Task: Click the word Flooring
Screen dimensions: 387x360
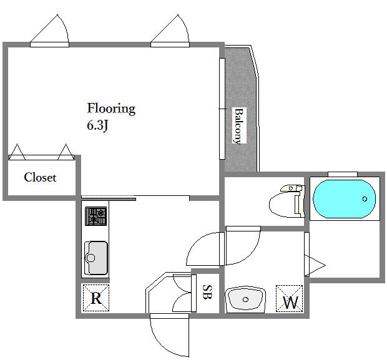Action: click(111, 109)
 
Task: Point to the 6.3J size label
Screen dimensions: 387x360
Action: click(97, 125)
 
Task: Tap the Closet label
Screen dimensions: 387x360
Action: click(40, 177)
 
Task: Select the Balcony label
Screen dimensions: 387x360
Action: click(239, 125)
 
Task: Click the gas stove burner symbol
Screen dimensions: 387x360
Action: click(96, 216)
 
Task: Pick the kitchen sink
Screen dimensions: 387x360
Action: click(96, 258)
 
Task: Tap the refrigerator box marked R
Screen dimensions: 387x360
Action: click(96, 298)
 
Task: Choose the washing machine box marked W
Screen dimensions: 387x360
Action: click(289, 299)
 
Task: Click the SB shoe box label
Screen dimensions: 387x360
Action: click(207, 292)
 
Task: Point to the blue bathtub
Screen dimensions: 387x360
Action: click(345, 199)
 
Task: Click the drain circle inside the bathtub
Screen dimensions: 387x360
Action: click(365, 198)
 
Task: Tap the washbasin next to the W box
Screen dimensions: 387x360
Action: click(245, 299)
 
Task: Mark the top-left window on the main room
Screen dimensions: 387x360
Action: click(49, 44)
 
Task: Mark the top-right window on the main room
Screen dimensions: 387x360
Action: click(170, 44)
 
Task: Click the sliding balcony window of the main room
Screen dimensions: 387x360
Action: click(222, 109)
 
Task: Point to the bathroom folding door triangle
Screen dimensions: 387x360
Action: click(315, 266)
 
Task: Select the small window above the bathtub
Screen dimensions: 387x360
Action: click(343, 174)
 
